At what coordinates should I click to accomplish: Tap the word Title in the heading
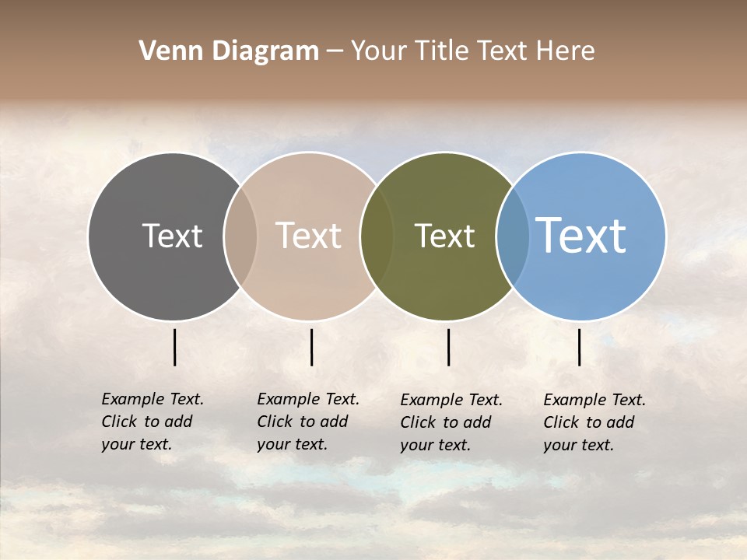click(441, 51)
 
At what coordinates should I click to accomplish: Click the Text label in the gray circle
click(172, 236)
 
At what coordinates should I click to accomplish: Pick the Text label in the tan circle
click(308, 236)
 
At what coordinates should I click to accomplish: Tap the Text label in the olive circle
click(444, 236)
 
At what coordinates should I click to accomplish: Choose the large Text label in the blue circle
click(581, 236)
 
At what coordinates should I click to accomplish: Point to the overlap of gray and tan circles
click(240, 236)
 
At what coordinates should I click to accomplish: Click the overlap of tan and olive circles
click(377, 236)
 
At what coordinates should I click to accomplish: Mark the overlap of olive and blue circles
click(513, 236)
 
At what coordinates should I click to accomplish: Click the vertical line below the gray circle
click(174, 347)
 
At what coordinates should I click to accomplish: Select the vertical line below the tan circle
click(311, 347)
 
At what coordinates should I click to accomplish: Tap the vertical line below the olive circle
click(448, 347)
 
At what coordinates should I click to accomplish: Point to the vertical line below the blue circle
click(579, 347)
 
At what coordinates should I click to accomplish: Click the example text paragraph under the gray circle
click(152, 422)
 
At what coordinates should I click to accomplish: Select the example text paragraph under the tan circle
click(307, 422)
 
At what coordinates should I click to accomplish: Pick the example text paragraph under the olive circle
click(451, 422)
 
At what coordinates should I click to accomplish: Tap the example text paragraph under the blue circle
click(594, 422)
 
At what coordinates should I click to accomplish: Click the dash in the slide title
click(335, 52)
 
